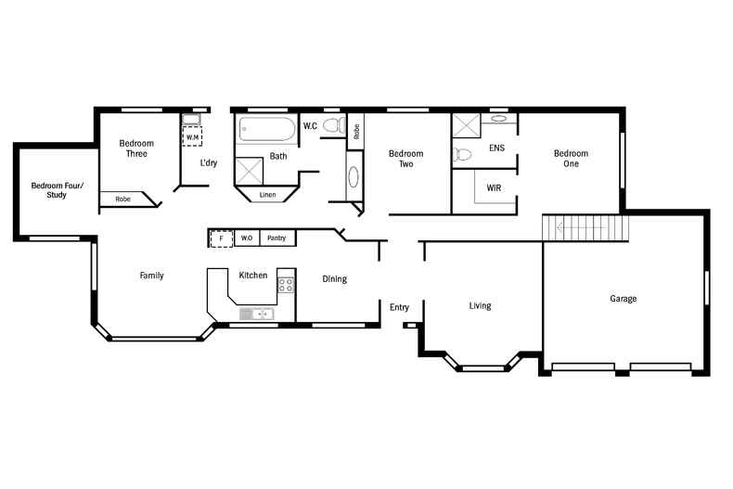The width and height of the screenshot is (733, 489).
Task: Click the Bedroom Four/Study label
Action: tap(57, 190)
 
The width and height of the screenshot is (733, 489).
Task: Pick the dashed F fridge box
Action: tap(221, 238)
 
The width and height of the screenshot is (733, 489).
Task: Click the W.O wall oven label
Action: tap(247, 238)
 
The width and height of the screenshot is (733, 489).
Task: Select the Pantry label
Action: tap(276, 238)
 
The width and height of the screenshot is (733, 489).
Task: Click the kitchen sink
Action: tap(254, 315)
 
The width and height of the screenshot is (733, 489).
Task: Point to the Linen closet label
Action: tap(267, 195)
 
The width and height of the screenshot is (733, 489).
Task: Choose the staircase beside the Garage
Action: tap(585, 225)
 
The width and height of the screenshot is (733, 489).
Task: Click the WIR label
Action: tap(494, 187)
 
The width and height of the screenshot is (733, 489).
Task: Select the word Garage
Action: tap(623, 299)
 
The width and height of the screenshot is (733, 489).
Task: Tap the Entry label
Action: tap(399, 307)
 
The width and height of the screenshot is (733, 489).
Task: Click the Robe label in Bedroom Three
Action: tap(122, 199)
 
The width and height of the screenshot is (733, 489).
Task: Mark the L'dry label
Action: tap(209, 163)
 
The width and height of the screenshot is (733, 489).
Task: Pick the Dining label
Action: tap(334, 278)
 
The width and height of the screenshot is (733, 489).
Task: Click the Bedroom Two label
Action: tap(405, 159)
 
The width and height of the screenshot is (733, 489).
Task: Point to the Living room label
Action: tap(480, 305)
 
